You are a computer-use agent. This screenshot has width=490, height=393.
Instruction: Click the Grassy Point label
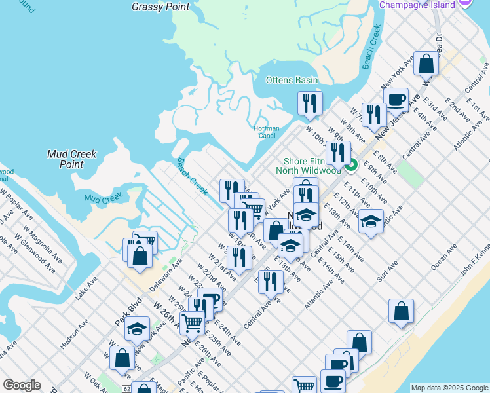click(x=160, y=7)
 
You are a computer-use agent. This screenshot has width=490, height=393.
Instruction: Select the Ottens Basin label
click(x=292, y=80)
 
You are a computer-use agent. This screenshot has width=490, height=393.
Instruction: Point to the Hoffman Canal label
click(x=267, y=132)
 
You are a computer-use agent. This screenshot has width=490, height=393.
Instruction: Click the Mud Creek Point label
click(x=72, y=159)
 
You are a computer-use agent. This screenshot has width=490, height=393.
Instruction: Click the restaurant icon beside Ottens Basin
click(x=310, y=103)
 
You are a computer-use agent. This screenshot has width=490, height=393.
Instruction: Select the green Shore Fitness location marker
click(x=351, y=165)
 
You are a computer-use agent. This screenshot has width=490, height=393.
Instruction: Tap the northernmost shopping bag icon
click(x=426, y=64)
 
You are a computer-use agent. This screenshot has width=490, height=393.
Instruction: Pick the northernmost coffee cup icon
click(x=396, y=100)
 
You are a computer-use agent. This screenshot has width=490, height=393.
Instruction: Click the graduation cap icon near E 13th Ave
click(x=371, y=221)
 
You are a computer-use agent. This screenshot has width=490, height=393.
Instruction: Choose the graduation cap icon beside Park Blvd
click(x=137, y=329)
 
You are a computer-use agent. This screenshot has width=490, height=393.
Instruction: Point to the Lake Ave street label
click(x=86, y=287)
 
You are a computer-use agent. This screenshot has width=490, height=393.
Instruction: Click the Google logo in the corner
click(x=22, y=385)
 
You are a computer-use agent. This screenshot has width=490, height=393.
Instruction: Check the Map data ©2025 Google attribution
click(x=449, y=388)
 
